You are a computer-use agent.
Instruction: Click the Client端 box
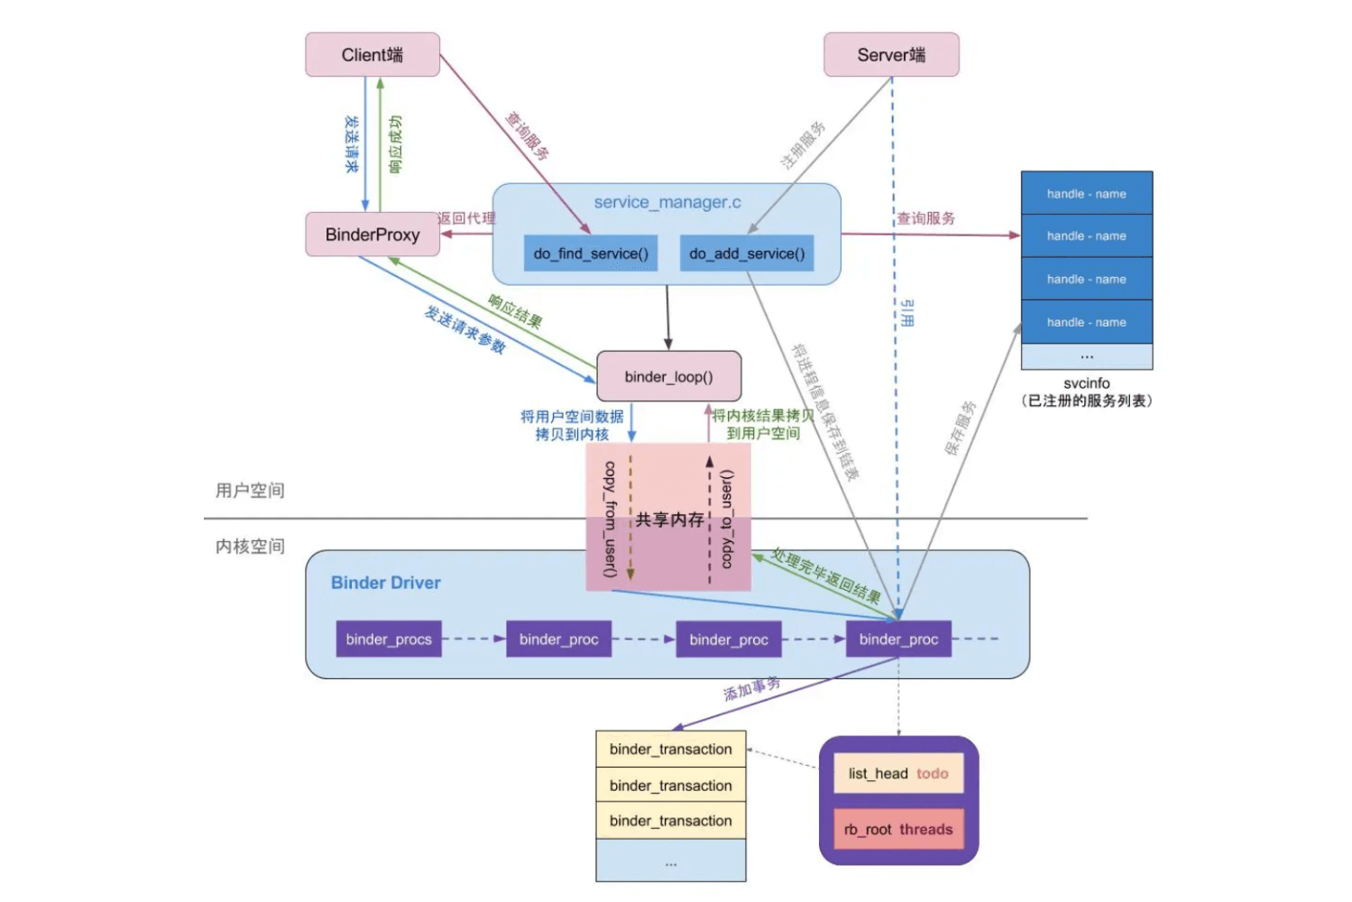[x=372, y=55]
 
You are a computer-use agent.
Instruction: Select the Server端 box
[x=891, y=55]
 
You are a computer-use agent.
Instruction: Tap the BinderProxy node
[x=372, y=235]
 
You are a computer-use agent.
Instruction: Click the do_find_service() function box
[x=591, y=253]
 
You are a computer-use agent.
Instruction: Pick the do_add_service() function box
[x=747, y=253]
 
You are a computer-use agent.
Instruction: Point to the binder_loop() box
[x=668, y=376]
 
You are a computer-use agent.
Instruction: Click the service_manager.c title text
[x=667, y=202]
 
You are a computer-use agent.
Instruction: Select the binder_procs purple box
[x=389, y=639]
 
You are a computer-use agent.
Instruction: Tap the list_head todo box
[x=898, y=773]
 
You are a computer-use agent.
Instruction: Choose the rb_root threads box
[x=898, y=829]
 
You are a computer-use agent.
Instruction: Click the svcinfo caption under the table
[x=1086, y=383]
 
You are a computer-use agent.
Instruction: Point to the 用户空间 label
[x=250, y=491]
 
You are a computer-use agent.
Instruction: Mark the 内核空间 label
[x=250, y=547]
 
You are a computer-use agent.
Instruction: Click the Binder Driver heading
[x=385, y=583]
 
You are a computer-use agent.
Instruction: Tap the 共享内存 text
[x=669, y=520]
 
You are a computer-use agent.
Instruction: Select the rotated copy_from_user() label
[x=611, y=519]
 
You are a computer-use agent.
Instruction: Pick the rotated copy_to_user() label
[x=727, y=519]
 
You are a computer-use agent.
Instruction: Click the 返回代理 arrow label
[x=466, y=218]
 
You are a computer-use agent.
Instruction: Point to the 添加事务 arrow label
[x=751, y=690]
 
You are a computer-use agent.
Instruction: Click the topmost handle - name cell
[x=1086, y=193]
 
